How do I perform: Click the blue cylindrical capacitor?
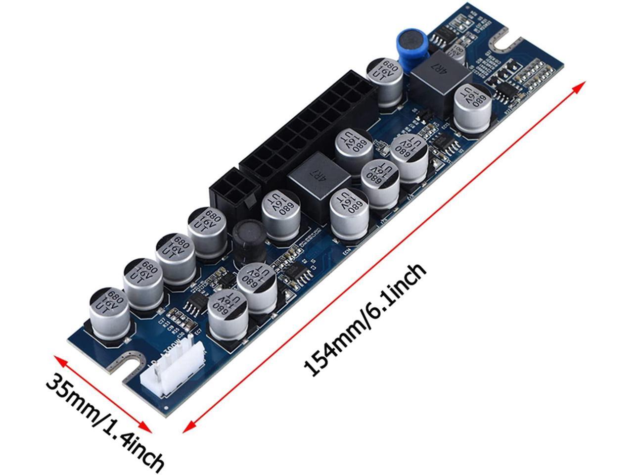(410, 47)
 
